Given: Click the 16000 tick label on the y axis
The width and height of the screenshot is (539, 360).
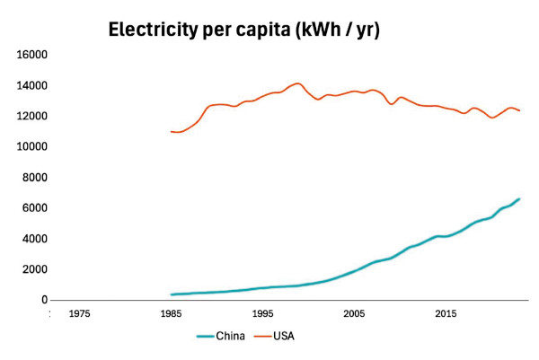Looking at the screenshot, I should [32, 55].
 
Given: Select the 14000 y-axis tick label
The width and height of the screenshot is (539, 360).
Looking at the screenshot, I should [32, 86].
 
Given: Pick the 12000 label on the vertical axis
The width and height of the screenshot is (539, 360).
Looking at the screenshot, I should [32, 117].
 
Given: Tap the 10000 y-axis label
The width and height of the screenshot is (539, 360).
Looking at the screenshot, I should [32, 147].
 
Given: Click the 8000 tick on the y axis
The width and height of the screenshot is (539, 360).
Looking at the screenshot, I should [35, 178].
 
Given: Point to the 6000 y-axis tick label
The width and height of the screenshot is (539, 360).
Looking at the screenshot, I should [35, 208].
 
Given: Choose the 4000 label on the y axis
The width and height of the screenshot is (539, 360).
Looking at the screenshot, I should [35, 239].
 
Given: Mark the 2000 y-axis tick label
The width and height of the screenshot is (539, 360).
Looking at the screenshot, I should [35, 269].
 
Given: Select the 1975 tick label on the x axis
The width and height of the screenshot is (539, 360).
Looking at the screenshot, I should [79, 314].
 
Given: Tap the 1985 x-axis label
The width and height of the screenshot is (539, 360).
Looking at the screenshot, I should [171, 314].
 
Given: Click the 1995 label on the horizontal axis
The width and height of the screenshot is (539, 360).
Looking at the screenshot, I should [262, 314].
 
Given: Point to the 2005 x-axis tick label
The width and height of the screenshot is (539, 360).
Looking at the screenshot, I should [354, 314].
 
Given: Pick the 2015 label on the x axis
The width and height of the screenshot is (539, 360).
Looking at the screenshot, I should [446, 314].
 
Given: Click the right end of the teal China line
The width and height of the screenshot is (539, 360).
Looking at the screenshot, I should [519, 199].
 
